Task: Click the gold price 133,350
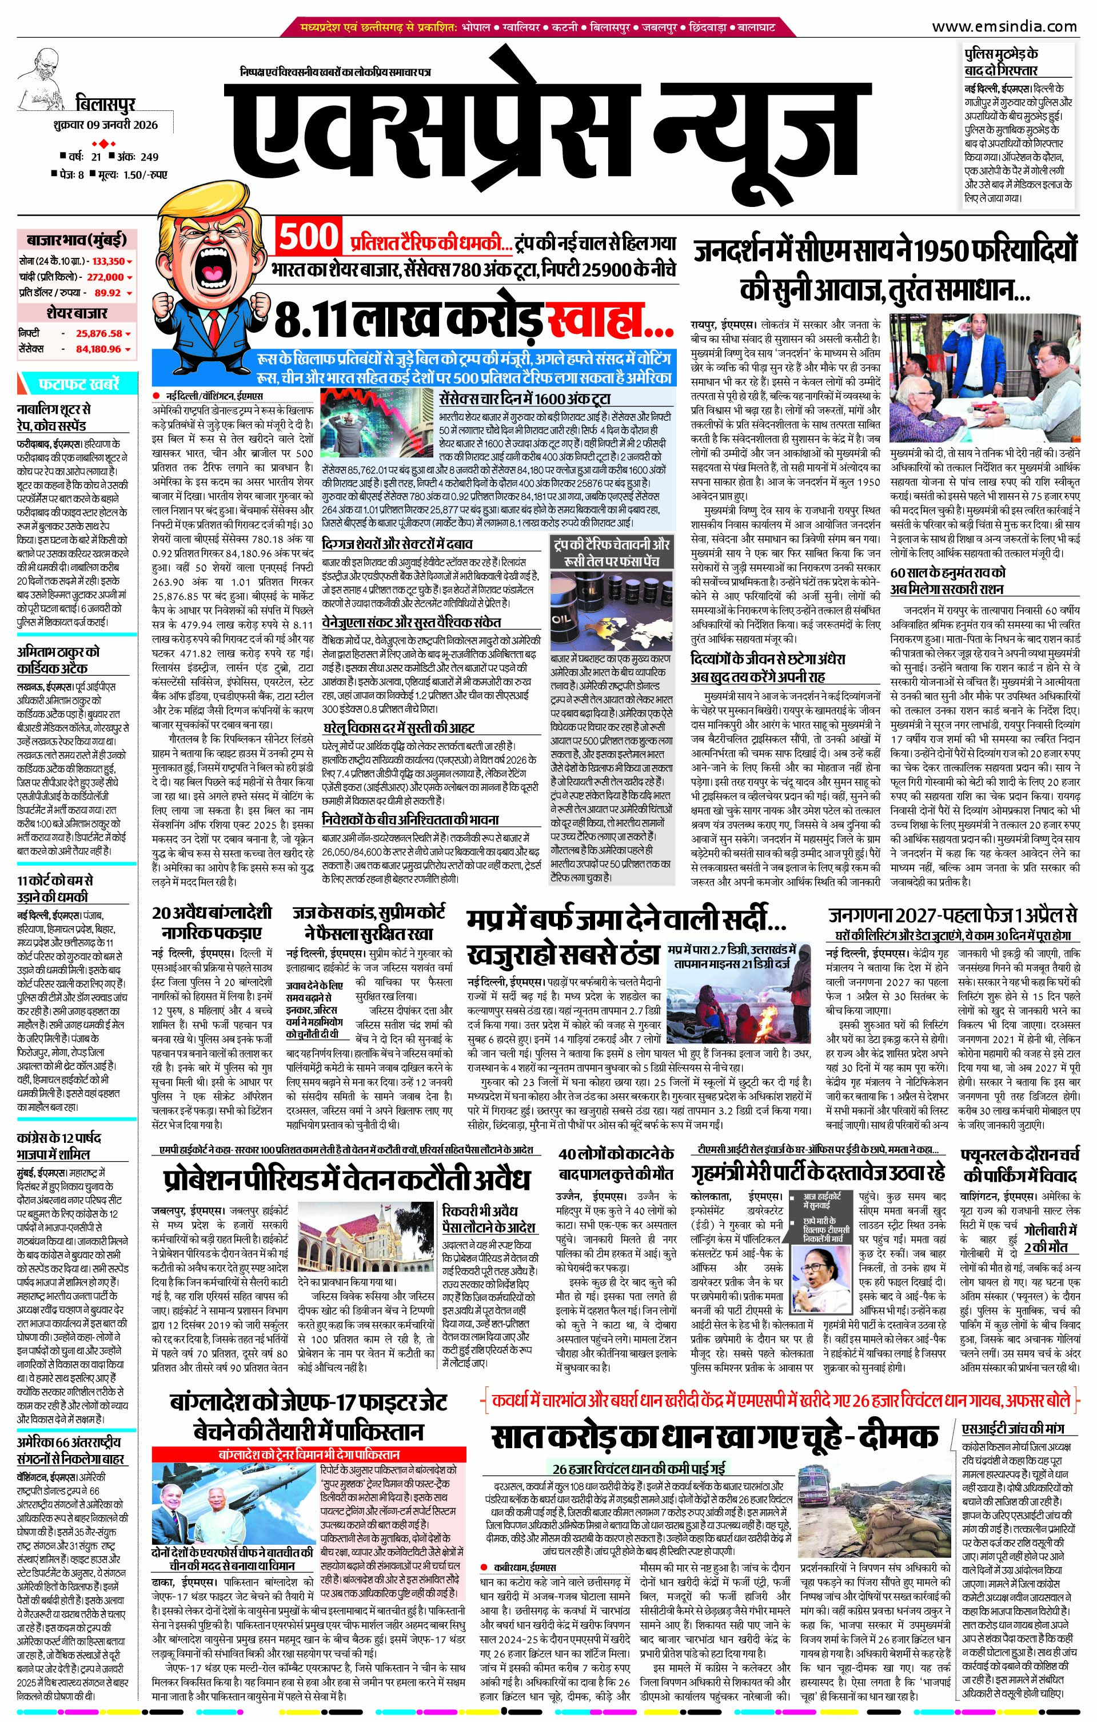[x=109, y=262]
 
